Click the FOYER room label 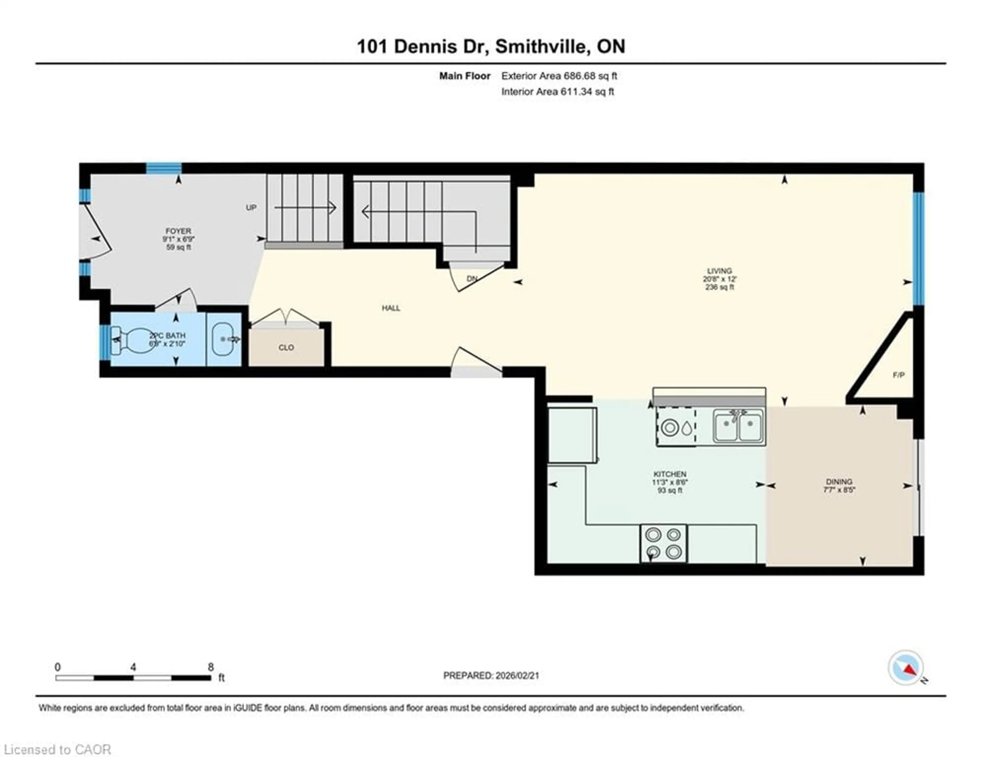(x=178, y=231)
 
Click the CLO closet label (x=286, y=348)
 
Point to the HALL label (x=391, y=308)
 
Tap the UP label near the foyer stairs (x=251, y=207)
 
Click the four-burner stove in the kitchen (x=663, y=543)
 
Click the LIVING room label (x=720, y=271)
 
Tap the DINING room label (x=839, y=482)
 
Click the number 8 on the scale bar (x=211, y=667)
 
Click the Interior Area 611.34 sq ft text (x=557, y=92)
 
